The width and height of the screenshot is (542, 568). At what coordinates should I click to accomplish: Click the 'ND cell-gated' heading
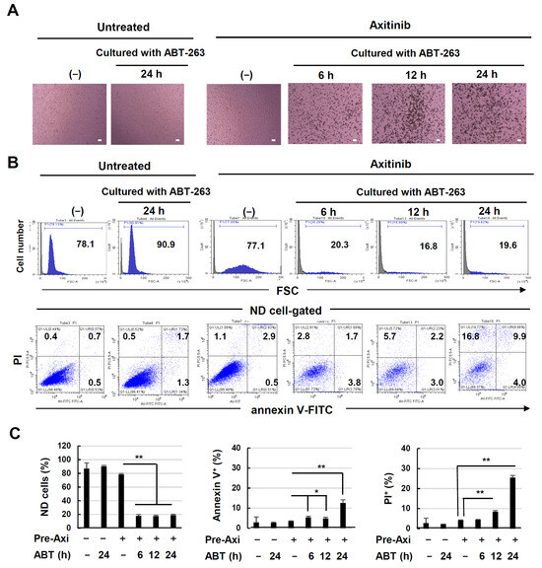point(280,310)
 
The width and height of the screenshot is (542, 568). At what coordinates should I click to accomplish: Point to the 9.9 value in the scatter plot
point(516,338)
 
